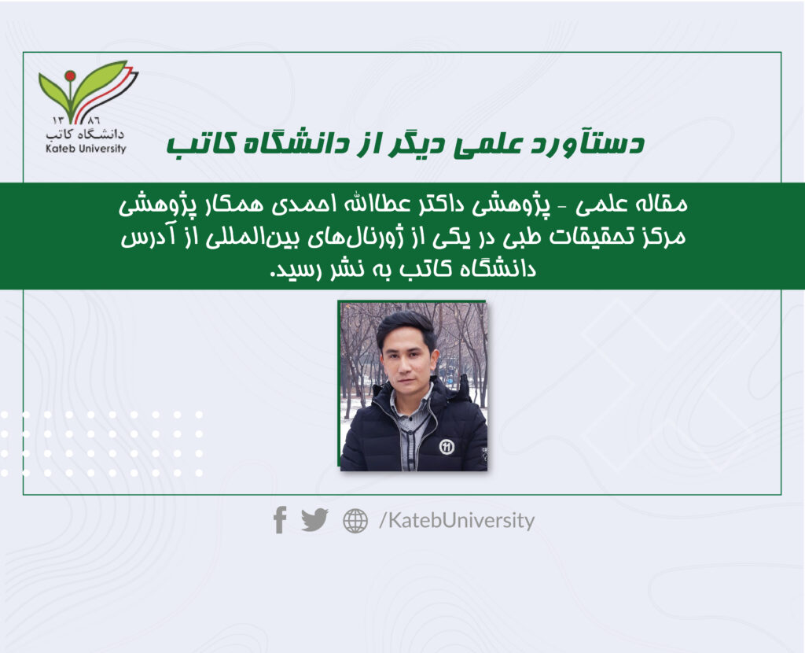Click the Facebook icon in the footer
point(280,520)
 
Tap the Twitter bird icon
point(314,520)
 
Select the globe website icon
point(355,521)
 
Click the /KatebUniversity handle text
point(457,521)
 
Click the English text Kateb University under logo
point(86,149)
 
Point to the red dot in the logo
point(70,76)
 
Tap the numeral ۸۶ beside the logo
point(94,120)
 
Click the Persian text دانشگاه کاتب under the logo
point(85,134)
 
